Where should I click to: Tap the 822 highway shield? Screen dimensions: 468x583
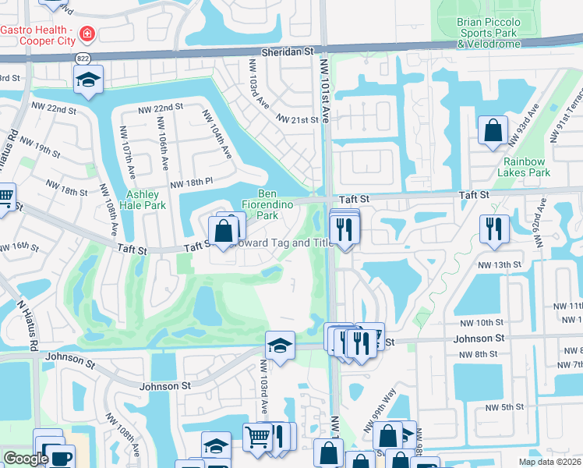[82, 59]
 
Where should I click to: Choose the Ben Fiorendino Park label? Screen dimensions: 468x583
[278, 204]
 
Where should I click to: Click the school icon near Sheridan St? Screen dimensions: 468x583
[89, 79]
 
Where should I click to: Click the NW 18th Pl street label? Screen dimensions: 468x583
[191, 183]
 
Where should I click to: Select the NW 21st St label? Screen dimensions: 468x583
[299, 119]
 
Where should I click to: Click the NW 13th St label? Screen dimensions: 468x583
[499, 265]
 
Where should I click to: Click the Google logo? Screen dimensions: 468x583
[26, 459]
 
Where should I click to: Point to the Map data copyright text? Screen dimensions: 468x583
[549, 462]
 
